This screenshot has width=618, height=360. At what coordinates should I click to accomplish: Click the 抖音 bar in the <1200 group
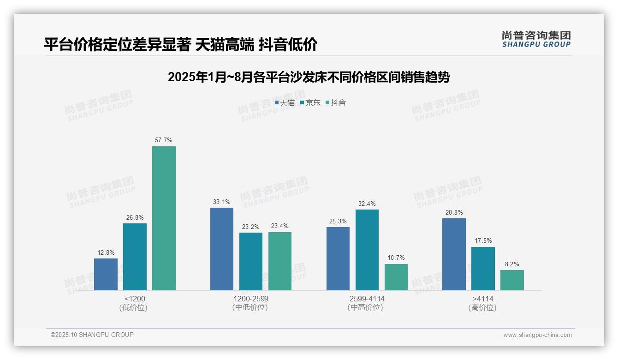tap(164, 218)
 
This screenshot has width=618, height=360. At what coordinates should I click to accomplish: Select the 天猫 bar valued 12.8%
tap(106, 274)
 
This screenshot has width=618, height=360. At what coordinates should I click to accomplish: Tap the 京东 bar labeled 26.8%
tap(135, 257)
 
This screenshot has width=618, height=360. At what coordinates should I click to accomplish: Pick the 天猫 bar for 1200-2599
tap(222, 249)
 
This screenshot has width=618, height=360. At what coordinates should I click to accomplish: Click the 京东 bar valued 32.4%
tap(367, 250)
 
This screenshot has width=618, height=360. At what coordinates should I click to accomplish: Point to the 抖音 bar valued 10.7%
tap(396, 277)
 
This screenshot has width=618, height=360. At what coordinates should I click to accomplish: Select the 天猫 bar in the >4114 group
tap(454, 254)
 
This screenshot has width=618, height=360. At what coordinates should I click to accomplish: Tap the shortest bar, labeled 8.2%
tap(512, 280)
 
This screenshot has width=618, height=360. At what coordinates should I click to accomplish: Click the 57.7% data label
tap(164, 140)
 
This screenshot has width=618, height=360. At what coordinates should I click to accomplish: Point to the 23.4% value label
tap(280, 226)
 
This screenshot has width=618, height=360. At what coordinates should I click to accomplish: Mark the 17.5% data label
tap(483, 240)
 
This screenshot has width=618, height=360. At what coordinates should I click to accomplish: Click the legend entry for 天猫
tap(285, 103)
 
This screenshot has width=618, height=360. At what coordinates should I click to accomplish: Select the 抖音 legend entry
tap(336, 103)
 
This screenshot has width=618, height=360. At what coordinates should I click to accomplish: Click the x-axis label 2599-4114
tap(367, 299)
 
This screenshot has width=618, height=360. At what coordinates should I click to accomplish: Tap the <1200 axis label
tap(135, 299)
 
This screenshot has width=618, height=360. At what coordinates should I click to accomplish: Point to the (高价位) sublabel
tap(483, 308)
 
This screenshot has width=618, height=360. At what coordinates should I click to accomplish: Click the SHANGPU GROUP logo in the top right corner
tap(536, 39)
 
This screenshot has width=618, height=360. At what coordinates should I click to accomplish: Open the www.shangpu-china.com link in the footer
tap(537, 335)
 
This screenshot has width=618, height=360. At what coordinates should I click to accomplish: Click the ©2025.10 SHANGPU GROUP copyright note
tap(92, 335)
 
